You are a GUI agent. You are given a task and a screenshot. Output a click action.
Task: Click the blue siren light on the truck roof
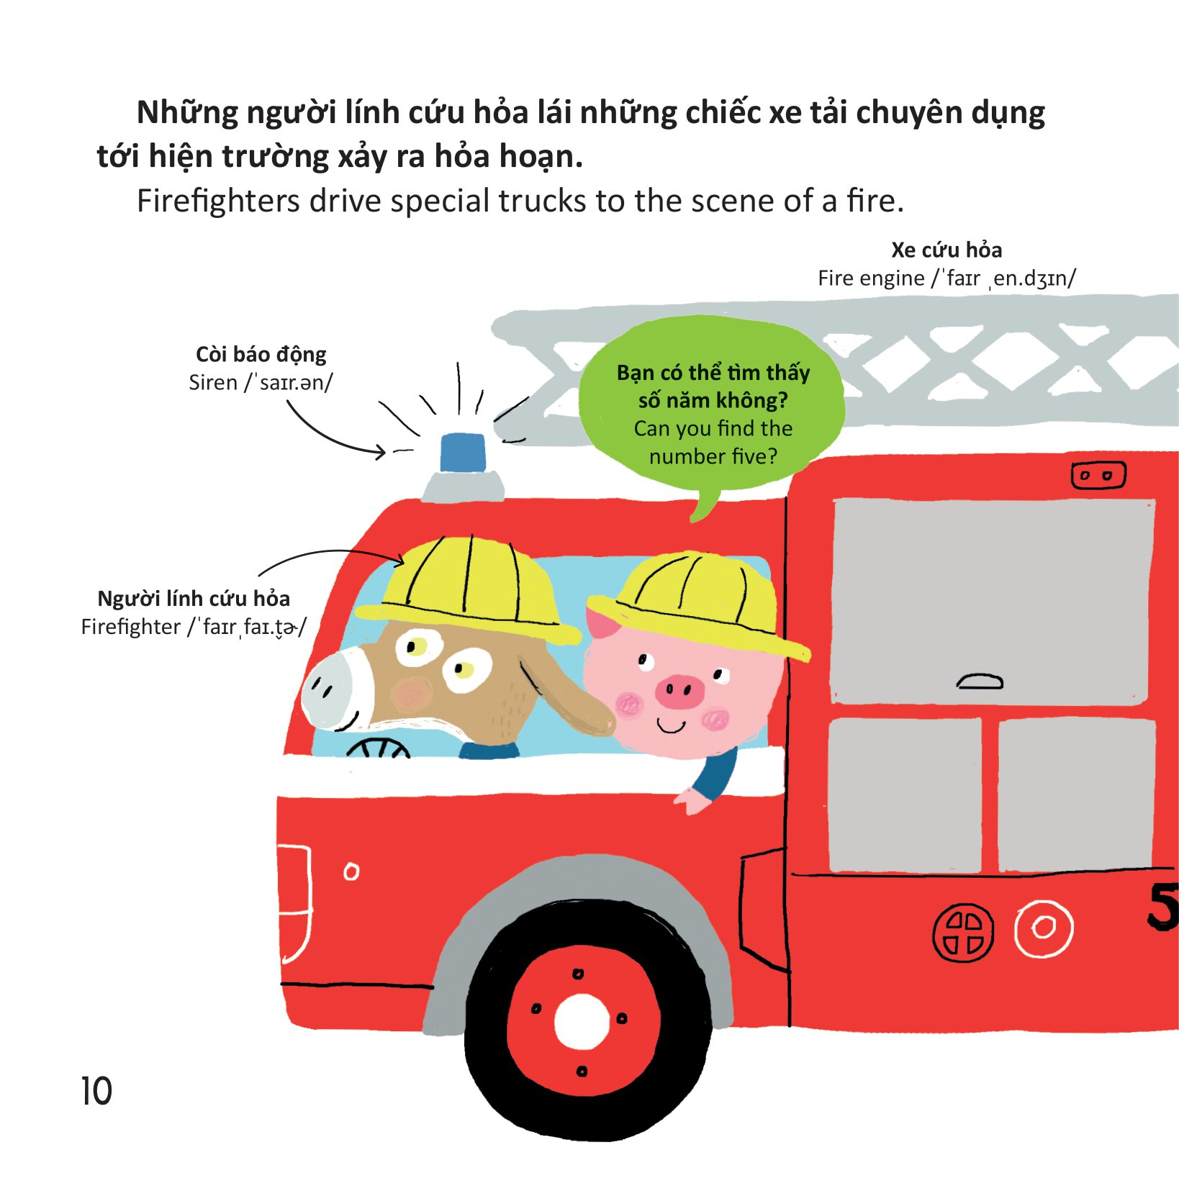tap(462, 453)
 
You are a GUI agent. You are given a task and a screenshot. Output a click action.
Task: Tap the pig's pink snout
tap(679, 691)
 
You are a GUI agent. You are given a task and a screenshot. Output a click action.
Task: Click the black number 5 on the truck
tap(1162, 906)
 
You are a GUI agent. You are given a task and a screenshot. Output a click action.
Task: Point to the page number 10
tap(96, 1091)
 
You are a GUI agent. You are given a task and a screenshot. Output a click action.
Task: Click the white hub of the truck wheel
tap(582, 1022)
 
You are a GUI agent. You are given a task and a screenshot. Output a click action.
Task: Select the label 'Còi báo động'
tap(261, 354)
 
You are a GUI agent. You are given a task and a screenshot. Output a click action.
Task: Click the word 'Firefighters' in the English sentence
tap(218, 201)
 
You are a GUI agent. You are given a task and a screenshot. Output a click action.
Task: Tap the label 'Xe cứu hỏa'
tap(946, 250)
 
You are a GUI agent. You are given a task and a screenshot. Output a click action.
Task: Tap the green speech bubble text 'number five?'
tap(713, 456)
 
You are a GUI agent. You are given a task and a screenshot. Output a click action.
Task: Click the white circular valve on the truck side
tap(1043, 928)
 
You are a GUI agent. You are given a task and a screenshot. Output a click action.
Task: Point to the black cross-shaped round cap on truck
tap(963, 933)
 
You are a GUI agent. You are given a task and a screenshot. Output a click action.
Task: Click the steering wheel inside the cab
tap(378, 748)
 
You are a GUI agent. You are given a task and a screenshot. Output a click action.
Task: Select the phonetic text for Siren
tap(288, 383)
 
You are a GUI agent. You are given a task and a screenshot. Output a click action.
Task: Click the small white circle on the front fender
tap(351, 871)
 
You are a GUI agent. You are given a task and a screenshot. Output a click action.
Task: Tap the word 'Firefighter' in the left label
tap(131, 627)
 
